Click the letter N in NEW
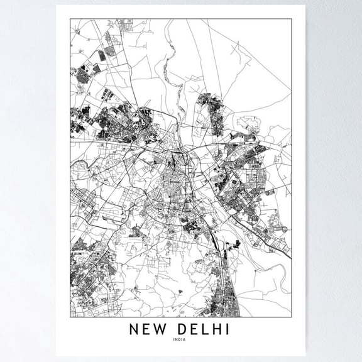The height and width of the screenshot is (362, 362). pos(134,329)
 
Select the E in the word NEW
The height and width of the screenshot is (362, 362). pos(147,329)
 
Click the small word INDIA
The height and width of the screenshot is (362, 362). pos(181,340)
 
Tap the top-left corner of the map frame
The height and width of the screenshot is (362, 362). pos(70,19)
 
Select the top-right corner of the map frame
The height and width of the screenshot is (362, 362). pos(292,19)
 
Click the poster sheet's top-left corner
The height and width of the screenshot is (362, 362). pos(57,6)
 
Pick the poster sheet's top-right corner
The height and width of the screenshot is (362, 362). pos(305,6)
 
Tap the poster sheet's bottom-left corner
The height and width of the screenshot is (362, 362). pos(57,356)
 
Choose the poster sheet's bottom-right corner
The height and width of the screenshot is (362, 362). pos(305,356)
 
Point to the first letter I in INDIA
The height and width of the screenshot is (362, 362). pos(175,340)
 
